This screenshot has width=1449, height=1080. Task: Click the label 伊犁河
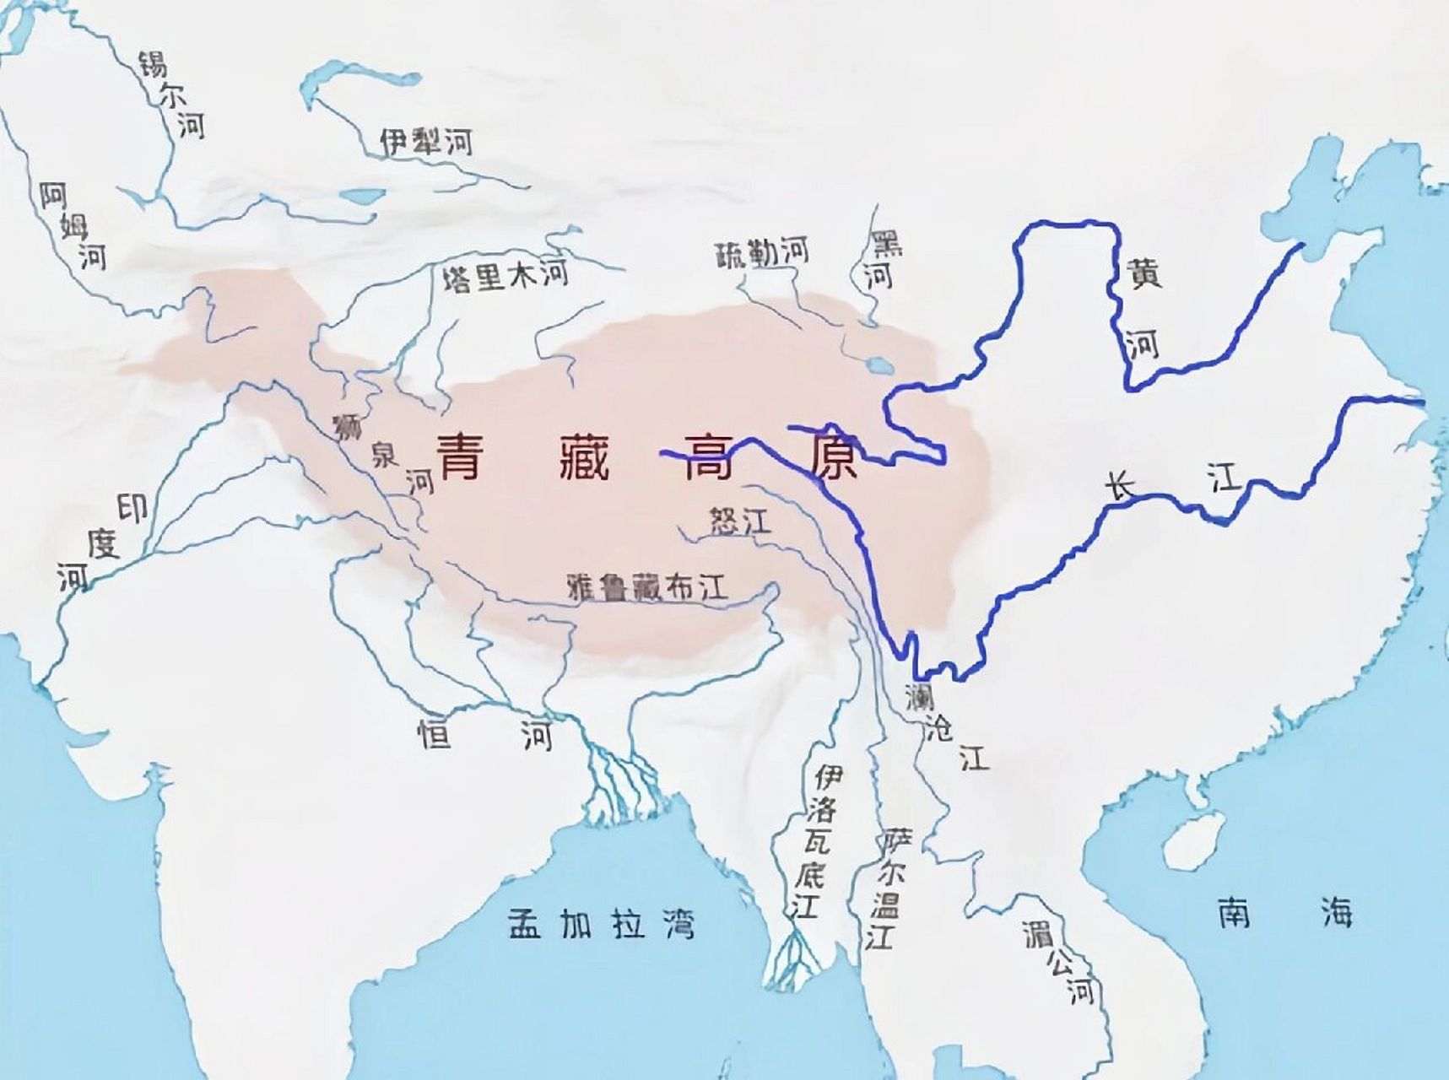click(x=424, y=142)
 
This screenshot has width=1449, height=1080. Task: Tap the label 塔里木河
click(x=506, y=276)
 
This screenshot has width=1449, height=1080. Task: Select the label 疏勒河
click(x=762, y=251)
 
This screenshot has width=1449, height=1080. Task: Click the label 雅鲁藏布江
click(x=647, y=588)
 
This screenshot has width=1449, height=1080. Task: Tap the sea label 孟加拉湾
click(x=602, y=924)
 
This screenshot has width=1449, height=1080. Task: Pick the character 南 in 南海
click(x=1234, y=913)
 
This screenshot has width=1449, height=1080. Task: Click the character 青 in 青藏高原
click(x=460, y=456)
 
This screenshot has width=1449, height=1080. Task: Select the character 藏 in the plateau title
click(x=583, y=456)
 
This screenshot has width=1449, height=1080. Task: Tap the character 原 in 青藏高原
click(x=830, y=456)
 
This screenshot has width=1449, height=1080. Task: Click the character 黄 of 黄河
click(x=1144, y=273)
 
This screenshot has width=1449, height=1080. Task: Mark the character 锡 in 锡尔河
click(x=154, y=64)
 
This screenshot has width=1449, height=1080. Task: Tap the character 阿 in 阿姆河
click(x=53, y=196)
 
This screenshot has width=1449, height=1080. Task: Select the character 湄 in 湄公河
click(x=1035, y=933)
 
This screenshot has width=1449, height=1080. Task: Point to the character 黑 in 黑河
click(x=887, y=244)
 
